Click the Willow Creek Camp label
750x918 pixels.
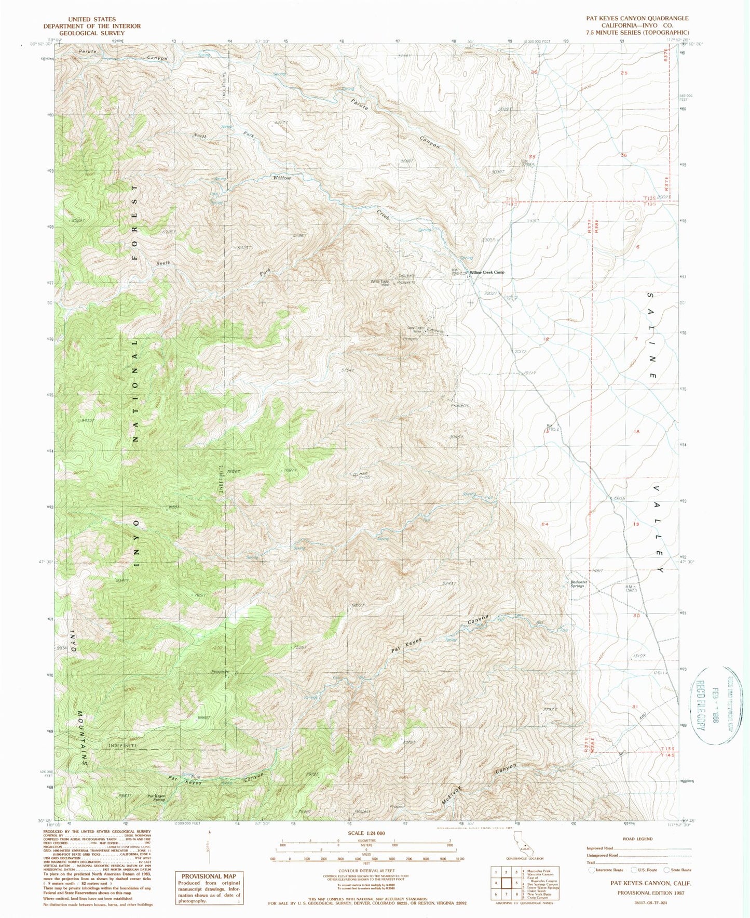click(x=487, y=272)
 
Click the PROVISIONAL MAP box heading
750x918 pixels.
click(x=209, y=876)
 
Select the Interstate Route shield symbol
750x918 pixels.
click(x=592, y=870)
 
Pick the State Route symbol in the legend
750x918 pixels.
click(x=669, y=870)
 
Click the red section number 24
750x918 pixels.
click(x=544, y=524)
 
